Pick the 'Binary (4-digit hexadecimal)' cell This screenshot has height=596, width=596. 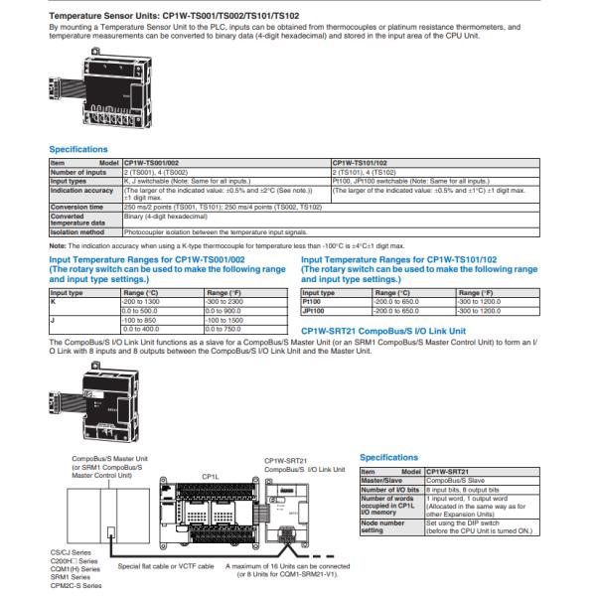(164, 215)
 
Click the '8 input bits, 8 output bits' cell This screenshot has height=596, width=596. (462, 489)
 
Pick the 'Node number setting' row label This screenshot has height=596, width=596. (383, 526)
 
